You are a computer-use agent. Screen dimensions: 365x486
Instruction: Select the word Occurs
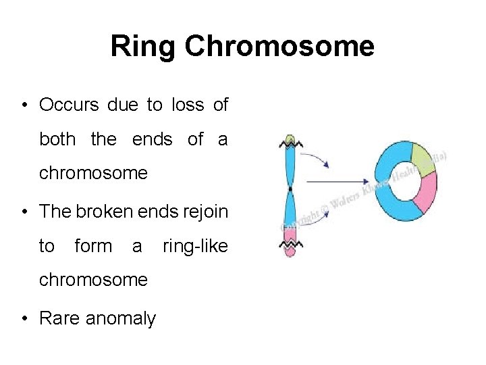(69, 105)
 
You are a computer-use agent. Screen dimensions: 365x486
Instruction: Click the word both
(57, 139)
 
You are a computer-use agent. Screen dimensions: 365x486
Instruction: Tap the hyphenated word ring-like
(196, 246)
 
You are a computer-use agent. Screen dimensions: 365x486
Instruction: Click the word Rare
(60, 318)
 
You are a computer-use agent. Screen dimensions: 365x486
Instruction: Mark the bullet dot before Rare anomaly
(26, 318)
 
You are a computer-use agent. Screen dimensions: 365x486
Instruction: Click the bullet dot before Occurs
(26, 106)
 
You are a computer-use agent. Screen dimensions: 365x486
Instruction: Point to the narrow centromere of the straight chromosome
(290, 188)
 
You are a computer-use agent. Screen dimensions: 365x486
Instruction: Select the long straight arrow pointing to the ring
(337, 182)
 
